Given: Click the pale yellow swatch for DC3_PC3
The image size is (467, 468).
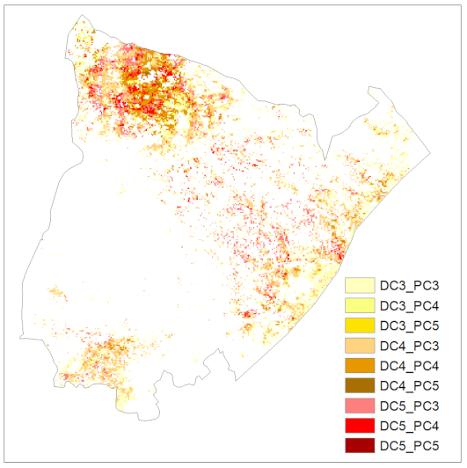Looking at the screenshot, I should (x=360, y=286).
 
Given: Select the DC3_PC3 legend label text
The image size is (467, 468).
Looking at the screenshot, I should (x=411, y=286).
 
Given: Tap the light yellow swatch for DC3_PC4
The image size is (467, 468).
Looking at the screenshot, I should (x=360, y=305).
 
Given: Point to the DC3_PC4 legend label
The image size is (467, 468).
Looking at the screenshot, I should (x=411, y=305).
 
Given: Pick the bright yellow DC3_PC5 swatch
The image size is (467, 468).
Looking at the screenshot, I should (x=360, y=325).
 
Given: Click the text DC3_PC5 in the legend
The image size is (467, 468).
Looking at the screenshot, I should (x=411, y=325).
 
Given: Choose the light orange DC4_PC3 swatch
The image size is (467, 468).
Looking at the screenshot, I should (x=360, y=346).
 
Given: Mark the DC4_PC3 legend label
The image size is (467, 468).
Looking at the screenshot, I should (x=411, y=346).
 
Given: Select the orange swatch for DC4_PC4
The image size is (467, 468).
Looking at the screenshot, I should (x=360, y=365).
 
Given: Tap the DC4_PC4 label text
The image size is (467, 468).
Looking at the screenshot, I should (x=411, y=365).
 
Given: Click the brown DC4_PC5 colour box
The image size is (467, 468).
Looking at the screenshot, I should (x=360, y=385).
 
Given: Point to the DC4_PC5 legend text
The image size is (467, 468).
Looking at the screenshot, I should (x=411, y=385).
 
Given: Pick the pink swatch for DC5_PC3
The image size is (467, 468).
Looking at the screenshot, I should (x=360, y=406).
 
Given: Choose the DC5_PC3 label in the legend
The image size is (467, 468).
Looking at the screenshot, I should (x=411, y=406).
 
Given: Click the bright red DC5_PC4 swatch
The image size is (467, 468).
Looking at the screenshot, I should (x=360, y=425).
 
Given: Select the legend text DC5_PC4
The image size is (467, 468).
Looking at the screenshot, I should (x=411, y=425).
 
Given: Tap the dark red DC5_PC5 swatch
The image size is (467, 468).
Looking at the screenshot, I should (x=360, y=445).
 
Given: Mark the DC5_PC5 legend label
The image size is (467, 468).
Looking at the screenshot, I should (x=411, y=445).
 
